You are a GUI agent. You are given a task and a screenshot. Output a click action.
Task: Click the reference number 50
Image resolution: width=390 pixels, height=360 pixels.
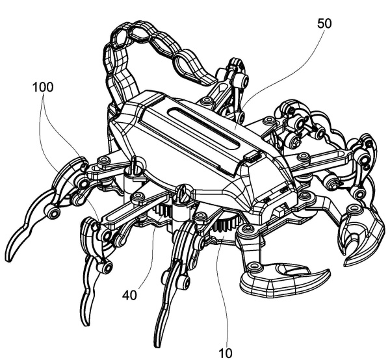324,23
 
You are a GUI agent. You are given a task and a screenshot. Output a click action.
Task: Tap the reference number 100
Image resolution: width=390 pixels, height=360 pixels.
43,87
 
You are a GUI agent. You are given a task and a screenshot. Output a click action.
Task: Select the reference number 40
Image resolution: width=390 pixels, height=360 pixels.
129,295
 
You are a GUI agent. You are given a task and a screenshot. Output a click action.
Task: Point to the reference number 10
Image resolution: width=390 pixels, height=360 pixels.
226,353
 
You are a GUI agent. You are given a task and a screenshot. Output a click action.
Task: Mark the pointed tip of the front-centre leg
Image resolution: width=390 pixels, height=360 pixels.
157,346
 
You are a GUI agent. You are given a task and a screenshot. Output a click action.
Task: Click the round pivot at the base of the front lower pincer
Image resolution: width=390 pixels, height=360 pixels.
253,266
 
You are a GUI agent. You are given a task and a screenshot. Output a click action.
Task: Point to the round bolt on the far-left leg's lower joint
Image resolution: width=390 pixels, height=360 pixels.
52,212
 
